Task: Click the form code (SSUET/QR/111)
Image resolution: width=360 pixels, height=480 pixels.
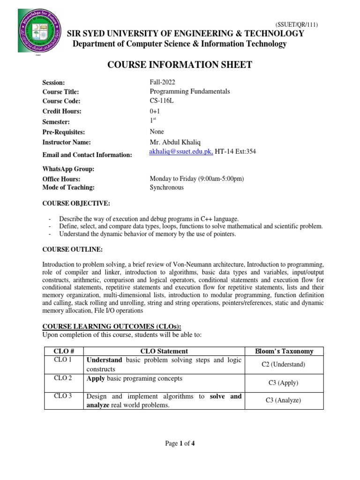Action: coord(299,25)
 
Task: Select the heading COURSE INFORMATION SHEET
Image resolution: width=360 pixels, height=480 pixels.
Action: coord(180,65)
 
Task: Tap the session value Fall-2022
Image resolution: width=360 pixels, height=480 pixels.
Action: coord(162,82)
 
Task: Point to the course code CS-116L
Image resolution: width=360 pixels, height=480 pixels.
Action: coord(162,101)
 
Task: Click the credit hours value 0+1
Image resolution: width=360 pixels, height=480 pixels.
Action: coord(155,111)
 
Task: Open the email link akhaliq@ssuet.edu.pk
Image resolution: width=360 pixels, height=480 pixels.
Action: coord(181,151)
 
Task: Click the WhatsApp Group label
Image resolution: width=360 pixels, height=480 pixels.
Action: coord(68,169)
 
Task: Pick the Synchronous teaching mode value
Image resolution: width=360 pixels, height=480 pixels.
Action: coord(166,187)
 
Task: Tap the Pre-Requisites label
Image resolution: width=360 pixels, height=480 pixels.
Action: coord(64,132)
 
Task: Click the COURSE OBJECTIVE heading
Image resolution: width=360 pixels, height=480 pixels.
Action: coord(76,203)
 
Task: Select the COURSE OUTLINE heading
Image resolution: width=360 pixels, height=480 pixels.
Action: coord(72,249)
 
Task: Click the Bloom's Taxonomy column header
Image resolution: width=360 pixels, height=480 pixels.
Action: coord(284,351)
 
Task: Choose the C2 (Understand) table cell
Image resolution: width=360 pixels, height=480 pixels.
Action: coord(284,364)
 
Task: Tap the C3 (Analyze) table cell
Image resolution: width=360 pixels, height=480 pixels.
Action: coord(284,400)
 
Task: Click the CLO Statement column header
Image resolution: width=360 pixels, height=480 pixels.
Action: coord(164,351)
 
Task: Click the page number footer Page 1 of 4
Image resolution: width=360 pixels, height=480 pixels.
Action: coord(180,444)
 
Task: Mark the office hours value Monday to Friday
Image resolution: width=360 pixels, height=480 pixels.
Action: coord(197,179)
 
